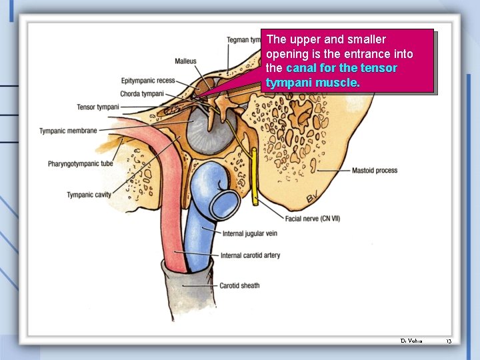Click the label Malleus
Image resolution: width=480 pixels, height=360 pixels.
(x=185, y=61)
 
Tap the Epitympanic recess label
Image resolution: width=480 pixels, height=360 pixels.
(x=148, y=81)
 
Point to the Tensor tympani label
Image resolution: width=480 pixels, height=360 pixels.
(x=98, y=107)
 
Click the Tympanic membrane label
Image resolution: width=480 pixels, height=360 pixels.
(x=68, y=131)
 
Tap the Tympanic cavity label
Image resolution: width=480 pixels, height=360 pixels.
(x=89, y=195)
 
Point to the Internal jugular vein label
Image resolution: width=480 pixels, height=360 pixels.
(x=249, y=233)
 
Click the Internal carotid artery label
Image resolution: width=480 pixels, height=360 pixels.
(x=250, y=255)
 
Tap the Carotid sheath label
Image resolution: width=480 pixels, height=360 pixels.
(x=239, y=286)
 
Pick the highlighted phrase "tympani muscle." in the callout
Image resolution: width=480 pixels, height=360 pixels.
(x=313, y=83)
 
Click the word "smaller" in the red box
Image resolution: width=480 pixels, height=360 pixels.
(x=364, y=40)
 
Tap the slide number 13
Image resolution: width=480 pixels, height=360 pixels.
(x=449, y=341)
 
